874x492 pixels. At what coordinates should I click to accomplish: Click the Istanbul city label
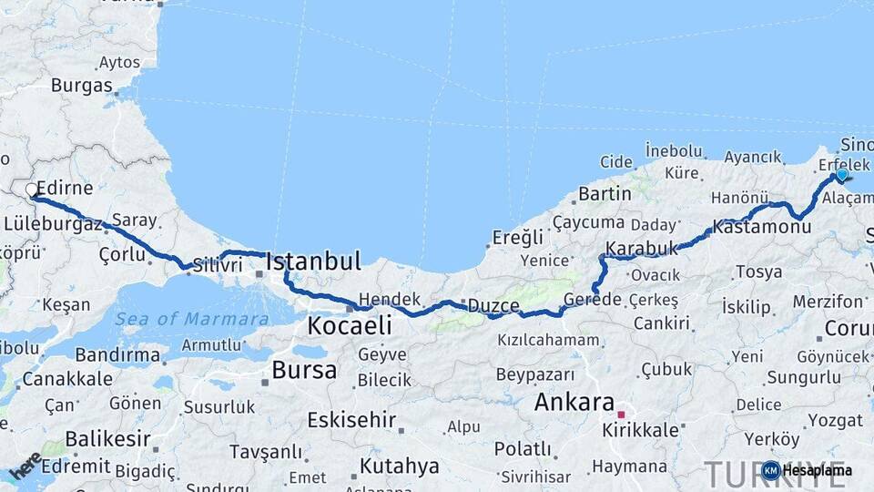click(313, 261)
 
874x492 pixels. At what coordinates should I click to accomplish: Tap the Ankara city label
click(574, 402)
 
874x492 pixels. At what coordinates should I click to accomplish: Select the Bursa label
click(304, 370)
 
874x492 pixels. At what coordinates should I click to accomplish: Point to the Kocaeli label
click(350, 325)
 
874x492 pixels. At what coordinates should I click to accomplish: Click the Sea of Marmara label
click(192, 319)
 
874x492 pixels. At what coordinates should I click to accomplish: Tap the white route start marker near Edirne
click(32, 190)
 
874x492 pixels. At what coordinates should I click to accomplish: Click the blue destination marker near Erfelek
click(842, 175)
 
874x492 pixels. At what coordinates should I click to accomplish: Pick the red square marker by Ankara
click(622, 415)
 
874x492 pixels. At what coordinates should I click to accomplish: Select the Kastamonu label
click(762, 225)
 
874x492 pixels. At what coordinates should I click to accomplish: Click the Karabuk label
click(642, 248)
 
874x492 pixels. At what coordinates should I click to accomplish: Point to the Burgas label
click(82, 86)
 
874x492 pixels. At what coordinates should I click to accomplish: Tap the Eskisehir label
click(351, 420)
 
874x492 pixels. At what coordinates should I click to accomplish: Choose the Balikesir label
click(107, 439)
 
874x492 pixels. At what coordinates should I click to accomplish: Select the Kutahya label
click(399, 466)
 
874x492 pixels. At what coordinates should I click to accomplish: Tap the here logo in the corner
click(25, 466)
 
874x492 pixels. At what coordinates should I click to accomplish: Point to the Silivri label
click(217, 265)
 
